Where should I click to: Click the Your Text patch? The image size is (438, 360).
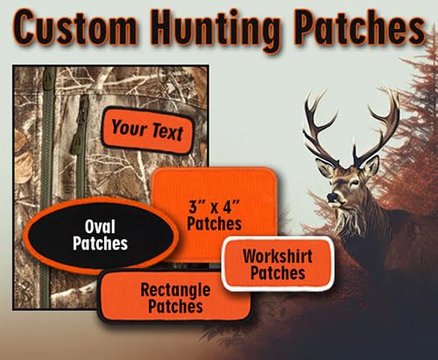click(146, 131)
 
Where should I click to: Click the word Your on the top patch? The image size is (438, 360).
click(128, 129)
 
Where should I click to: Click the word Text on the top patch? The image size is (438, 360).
click(166, 133)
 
